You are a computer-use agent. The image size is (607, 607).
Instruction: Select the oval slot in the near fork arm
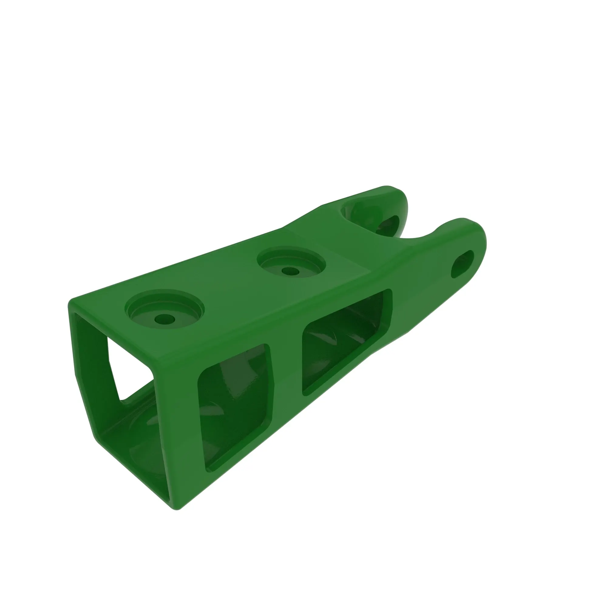coord(463,264)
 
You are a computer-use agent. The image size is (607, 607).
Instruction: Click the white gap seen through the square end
coord(126,374)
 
